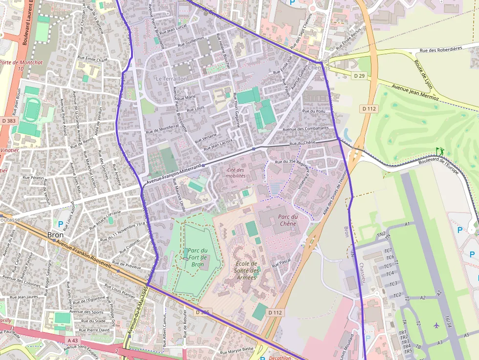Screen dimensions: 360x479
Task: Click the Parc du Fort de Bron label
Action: pos(197,257)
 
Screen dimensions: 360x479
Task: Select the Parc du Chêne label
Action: pos(288,220)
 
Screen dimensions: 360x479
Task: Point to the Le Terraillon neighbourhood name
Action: pos(172,79)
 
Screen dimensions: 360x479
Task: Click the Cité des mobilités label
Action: pos(236,172)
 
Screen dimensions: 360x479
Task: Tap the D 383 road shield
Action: pos(8,120)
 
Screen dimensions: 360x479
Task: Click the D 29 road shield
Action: pos(359,76)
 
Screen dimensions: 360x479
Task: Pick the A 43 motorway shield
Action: pos(72,340)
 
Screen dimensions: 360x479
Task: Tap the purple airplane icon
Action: pos(436,325)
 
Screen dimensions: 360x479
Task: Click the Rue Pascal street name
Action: pos(282,262)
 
